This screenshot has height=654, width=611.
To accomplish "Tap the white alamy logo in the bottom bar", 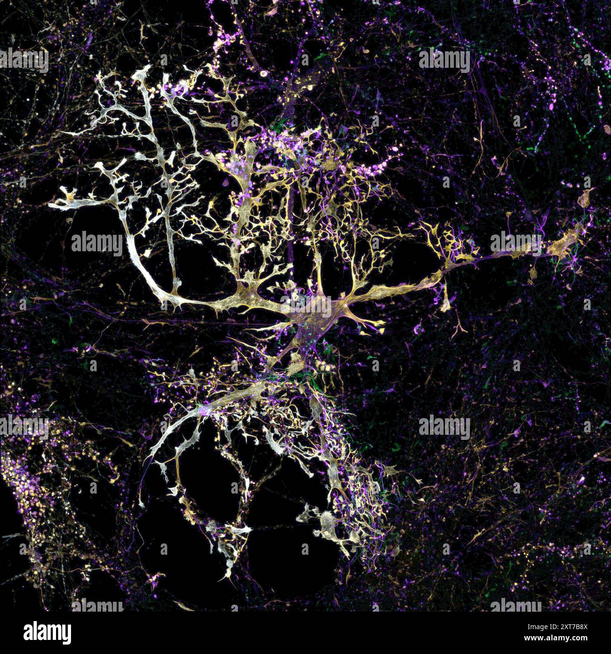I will [48, 633].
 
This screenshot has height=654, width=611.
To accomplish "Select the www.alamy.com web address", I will [555, 638].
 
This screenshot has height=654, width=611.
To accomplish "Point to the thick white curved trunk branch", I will [141, 268].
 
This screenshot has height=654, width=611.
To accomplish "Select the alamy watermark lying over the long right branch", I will [516, 242].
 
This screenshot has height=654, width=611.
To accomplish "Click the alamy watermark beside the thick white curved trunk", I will [97, 243].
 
